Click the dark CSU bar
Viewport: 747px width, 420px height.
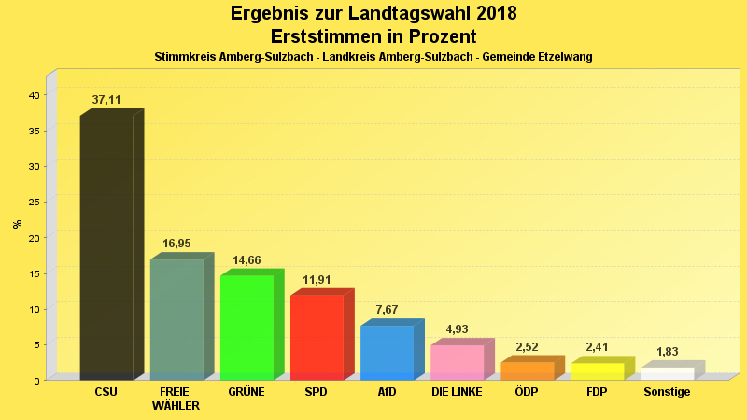pos(106,247)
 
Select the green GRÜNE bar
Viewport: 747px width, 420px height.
pos(247,328)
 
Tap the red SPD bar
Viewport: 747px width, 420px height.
pos(317,337)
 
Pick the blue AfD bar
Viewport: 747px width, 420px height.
pos(387,352)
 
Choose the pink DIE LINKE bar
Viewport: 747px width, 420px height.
pos(457,362)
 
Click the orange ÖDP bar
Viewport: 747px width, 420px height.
pos(527,371)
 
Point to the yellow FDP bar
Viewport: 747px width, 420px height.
pos(597,371)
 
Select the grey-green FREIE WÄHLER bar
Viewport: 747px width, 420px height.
pos(176,319)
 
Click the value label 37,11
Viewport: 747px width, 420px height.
pos(106,100)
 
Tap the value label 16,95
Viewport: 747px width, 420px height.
pos(176,244)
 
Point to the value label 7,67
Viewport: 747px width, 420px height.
pos(387,310)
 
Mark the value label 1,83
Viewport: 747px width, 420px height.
pos(667,352)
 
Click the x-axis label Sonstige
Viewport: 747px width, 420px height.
pos(667,392)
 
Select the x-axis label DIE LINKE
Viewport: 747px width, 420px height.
pos(457,392)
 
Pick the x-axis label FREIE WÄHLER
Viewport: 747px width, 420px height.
pos(176,399)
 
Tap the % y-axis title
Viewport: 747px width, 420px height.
pos(17,224)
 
